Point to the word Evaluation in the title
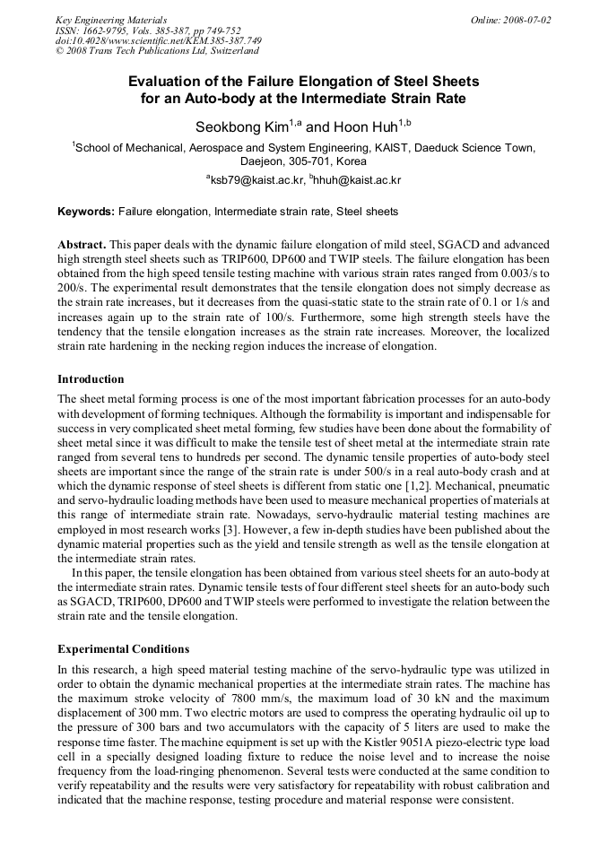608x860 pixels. (x=172, y=82)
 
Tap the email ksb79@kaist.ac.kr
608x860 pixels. (x=257, y=180)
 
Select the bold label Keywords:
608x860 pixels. (x=86, y=212)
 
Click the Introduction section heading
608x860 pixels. (x=91, y=379)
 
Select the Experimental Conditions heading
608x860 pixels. (x=123, y=648)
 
